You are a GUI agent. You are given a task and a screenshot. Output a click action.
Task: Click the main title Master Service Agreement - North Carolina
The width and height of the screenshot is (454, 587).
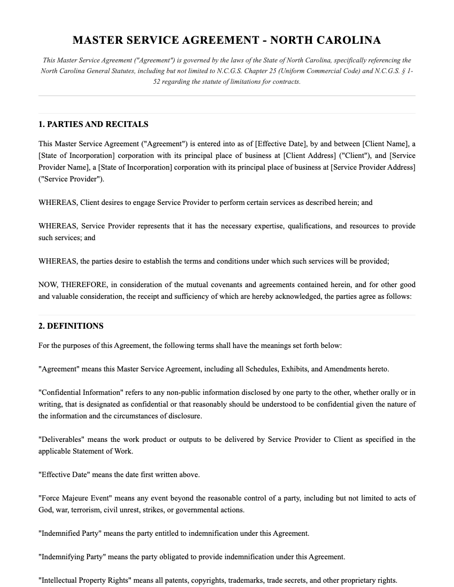pyautogui.click(x=226, y=41)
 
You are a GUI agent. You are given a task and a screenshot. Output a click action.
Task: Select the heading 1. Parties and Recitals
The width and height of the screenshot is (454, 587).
pyautogui.click(x=93, y=124)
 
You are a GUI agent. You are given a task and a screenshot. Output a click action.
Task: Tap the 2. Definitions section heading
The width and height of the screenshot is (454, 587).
pyautogui.click(x=71, y=326)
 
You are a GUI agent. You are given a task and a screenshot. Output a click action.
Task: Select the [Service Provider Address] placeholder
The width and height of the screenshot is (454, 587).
pyautogui.click(x=373, y=168)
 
